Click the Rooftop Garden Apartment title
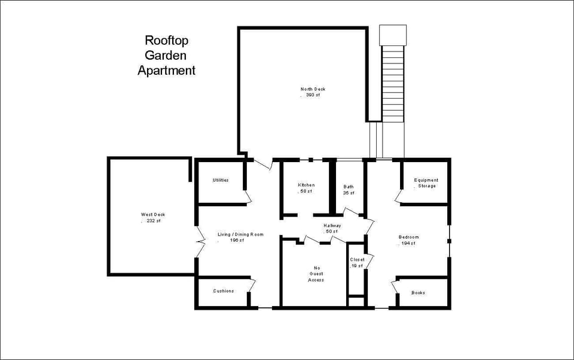click(166, 55)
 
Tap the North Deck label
click(313, 89)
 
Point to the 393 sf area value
click(313, 95)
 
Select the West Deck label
click(152, 215)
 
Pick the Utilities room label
click(220, 180)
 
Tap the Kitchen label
click(306, 185)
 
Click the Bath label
click(348, 187)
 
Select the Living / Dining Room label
click(240, 234)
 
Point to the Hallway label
click(332, 225)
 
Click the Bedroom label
click(408, 237)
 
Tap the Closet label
click(357, 260)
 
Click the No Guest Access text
click(316, 274)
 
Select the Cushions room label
click(223, 291)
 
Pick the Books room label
click(418, 292)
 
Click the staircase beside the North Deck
click(393, 84)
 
